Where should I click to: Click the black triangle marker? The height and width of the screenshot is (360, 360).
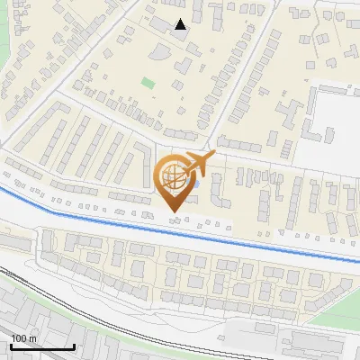[181, 24]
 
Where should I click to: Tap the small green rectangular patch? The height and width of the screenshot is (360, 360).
[148, 84]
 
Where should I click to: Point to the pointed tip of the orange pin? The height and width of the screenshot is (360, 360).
[173, 212]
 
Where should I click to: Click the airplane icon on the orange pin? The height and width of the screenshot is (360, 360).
[199, 165]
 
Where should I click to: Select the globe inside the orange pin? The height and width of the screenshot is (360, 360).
[173, 177]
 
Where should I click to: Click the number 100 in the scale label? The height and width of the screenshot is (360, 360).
[20, 338]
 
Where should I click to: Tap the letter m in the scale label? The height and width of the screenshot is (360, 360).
[32, 338]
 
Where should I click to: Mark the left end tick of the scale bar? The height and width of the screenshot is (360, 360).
[11, 346]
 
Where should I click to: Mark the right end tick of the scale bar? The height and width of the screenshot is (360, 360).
[73, 346]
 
